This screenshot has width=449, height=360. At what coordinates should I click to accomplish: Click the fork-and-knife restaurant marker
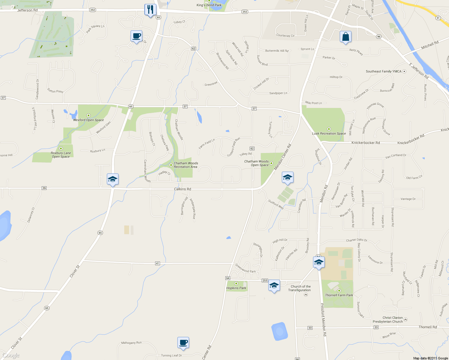tap(150, 10)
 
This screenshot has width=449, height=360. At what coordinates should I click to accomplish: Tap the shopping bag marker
tap(345, 37)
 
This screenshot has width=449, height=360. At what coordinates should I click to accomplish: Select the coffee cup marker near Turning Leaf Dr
tap(183, 342)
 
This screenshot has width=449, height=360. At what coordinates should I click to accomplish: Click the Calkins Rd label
tap(182, 189)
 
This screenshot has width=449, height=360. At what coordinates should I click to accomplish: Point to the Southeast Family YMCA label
tap(384, 71)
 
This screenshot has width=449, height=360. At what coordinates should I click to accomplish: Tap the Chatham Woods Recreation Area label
tap(186, 165)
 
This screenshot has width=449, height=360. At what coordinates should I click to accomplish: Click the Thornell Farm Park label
tap(339, 295)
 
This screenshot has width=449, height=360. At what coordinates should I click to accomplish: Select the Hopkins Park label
tap(236, 288)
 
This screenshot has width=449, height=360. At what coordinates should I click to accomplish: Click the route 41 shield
tap(158, 263)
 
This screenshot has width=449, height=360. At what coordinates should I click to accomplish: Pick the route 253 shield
tap(264, 280)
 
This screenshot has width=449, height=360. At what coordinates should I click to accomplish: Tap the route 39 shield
tap(44, 188)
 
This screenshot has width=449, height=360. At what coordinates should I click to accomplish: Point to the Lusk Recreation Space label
tap(329, 133)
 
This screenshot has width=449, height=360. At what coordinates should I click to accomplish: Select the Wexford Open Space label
tap(89, 120)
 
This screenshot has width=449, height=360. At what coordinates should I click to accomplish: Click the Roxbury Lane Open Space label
tap(61, 155)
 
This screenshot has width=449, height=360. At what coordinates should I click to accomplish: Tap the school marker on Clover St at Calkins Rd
tap(113, 179)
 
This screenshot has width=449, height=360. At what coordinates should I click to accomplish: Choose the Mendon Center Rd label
tap(282, 157)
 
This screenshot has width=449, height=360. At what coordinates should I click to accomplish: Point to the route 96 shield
tap(378, 37)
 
